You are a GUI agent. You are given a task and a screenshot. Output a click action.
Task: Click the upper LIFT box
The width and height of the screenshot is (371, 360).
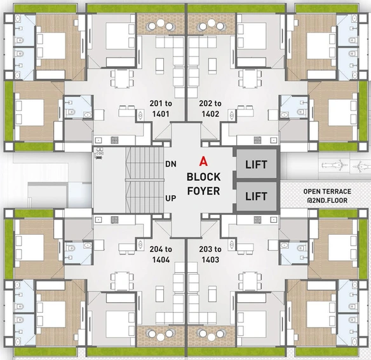click(x=257, y=163)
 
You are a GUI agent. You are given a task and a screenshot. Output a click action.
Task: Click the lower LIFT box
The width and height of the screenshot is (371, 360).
click(x=257, y=196)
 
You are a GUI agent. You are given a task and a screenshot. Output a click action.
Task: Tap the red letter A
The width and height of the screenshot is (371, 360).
click(x=203, y=162)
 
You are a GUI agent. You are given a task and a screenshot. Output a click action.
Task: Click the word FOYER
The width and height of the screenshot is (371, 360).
click(x=203, y=191)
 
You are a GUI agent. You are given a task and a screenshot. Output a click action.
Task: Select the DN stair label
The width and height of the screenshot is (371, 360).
click(x=171, y=164)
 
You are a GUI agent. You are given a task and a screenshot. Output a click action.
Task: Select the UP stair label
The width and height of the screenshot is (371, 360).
click(x=171, y=198)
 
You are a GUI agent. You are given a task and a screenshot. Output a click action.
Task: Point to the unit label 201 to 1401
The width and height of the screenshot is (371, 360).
click(x=161, y=109)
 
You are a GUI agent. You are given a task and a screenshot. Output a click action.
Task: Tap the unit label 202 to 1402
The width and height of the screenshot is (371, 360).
click(x=210, y=109)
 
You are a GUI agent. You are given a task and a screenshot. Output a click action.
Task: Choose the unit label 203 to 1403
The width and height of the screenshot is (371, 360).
click(x=210, y=254)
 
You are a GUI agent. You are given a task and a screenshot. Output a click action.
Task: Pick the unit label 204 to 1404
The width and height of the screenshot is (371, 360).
click(x=161, y=254)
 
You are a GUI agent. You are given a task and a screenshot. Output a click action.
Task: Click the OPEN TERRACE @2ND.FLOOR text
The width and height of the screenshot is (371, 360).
click(x=327, y=196)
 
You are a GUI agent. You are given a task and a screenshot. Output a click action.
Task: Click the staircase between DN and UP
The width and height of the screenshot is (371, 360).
click(x=145, y=180)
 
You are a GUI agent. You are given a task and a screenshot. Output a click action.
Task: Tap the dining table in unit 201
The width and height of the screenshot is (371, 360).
click(x=122, y=78)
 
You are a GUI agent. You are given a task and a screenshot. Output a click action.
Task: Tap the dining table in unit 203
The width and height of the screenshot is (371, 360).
click(x=250, y=281)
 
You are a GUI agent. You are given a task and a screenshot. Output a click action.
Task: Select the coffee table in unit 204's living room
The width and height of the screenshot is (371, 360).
click(x=159, y=293)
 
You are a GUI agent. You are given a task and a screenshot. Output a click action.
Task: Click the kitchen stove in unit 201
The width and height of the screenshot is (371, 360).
click(x=114, y=140)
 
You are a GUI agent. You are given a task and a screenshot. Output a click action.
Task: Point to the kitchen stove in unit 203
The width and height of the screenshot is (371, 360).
click(x=258, y=220)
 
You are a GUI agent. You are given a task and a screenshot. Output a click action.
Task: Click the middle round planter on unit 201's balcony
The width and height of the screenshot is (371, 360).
click(x=161, y=23)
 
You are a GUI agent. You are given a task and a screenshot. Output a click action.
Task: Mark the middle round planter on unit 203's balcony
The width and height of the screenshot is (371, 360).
click(x=212, y=337)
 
